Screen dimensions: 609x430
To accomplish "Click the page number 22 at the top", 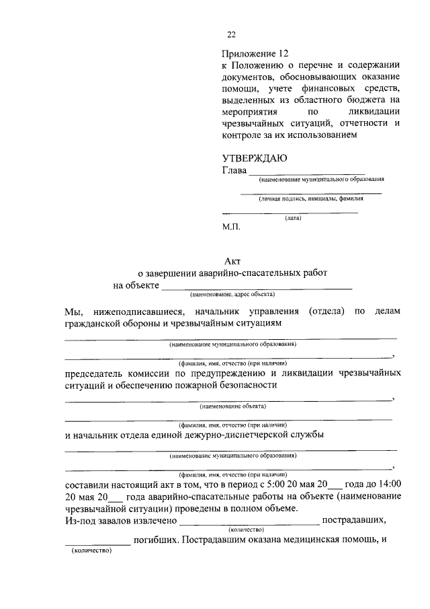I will [232, 35].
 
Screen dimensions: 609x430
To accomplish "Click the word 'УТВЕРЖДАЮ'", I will [255, 158].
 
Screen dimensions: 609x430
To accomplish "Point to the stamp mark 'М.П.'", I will [231, 228].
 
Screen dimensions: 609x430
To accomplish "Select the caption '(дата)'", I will [293, 218].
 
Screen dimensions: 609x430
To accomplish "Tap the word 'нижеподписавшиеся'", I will [132, 311].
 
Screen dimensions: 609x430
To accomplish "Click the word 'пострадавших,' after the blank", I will [354, 520].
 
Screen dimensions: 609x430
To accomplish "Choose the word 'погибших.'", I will [157, 540].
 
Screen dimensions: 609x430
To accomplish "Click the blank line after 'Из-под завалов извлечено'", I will [249, 523].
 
